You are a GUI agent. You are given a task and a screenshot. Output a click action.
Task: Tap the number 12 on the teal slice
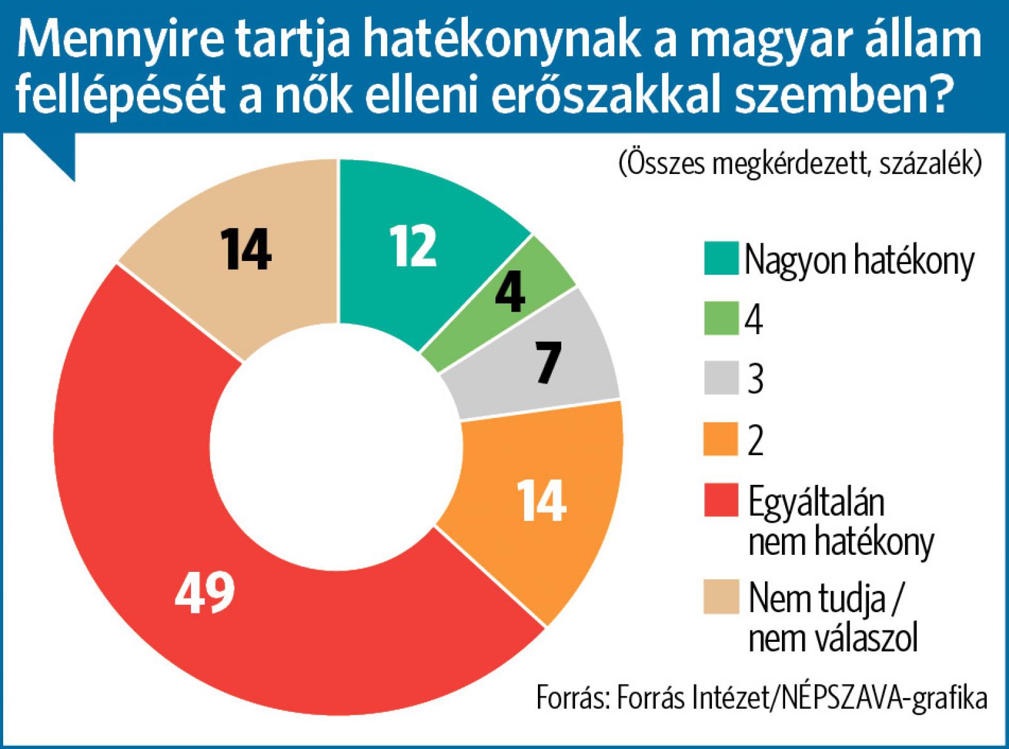pyautogui.click(x=412, y=247)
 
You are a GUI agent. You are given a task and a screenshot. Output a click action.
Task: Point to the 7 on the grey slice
pyautogui.click(x=548, y=363)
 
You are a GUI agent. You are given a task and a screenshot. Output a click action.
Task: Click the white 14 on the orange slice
pyautogui.click(x=541, y=501)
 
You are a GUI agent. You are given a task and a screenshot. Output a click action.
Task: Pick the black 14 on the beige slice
pyautogui.click(x=246, y=250)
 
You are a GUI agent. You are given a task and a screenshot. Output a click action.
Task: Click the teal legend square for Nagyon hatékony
pyautogui.click(x=721, y=258)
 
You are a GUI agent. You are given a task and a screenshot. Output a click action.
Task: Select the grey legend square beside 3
pyautogui.click(x=721, y=378)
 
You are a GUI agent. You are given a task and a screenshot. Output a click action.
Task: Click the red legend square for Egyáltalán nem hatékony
pyautogui.click(x=721, y=502)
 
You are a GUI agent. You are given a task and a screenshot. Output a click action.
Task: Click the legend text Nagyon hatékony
pyautogui.click(x=859, y=260)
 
